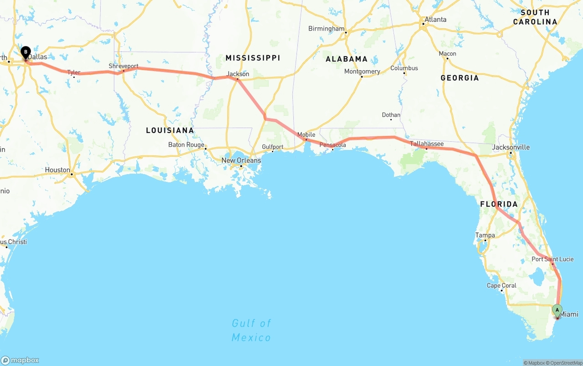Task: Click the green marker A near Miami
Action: coord(557,310)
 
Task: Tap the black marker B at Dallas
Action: coord(26,52)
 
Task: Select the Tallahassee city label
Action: coord(427,144)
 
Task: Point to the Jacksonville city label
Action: coord(511,147)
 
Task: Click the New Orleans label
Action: coord(241,160)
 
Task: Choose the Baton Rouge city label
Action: coord(186,145)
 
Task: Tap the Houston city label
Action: coord(57,170)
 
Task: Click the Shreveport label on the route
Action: coord(123,67)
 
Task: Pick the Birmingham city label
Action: coord(326,29)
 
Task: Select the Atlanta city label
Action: coord(435,20)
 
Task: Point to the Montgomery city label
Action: coord(362,72)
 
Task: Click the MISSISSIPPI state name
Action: coord(253,58)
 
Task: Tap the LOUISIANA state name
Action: coord(170,130)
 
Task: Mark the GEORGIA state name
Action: coord(460,78)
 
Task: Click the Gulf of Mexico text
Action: coord(251,330)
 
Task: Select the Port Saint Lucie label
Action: coord(552,259)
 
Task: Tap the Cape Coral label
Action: coord(501,286)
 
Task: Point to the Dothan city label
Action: coord(391,115)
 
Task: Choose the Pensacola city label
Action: coord(333,145)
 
